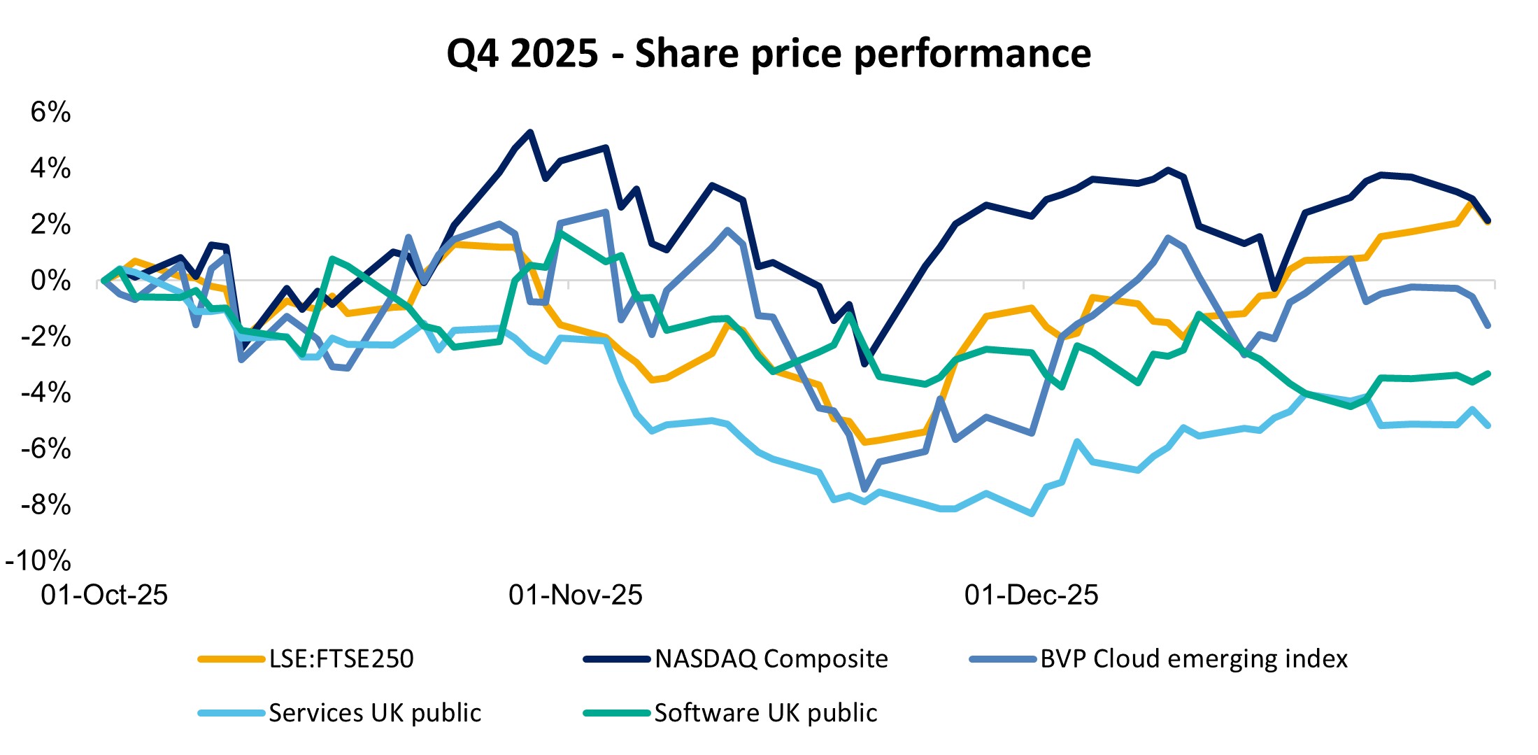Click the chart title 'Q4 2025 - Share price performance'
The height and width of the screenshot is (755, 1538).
769,53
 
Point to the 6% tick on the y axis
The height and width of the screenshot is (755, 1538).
50,112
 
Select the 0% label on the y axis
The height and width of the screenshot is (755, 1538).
50,281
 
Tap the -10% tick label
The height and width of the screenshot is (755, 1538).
38,560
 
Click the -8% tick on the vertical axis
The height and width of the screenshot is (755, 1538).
45,504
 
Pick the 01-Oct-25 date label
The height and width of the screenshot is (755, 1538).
104,595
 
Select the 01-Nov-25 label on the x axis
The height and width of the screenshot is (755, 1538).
575,595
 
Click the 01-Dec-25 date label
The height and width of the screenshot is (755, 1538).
1031,595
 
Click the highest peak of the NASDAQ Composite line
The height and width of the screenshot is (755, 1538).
530,132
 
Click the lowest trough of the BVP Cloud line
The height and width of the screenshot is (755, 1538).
864,489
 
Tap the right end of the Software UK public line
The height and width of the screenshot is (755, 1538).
1488,374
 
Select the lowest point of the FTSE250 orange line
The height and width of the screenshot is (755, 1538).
865,442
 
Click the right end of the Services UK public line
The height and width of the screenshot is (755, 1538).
1488,425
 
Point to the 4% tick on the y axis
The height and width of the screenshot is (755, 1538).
50,169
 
